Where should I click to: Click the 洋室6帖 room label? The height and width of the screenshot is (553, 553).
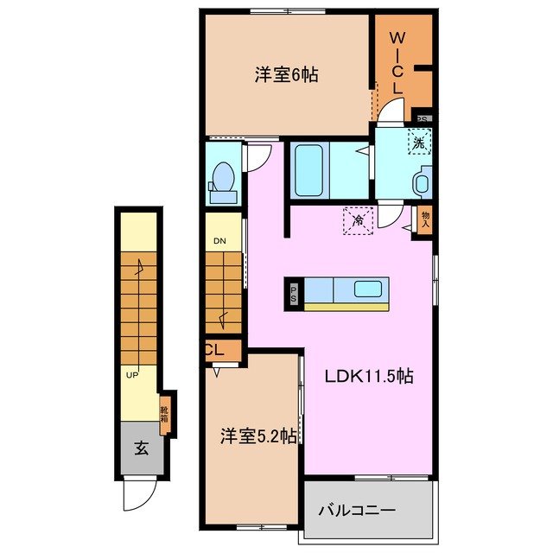[x=286, y=75]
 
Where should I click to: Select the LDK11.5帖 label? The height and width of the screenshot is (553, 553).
[x=369, y=377]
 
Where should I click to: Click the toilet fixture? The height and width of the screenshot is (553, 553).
[x=223, y=180]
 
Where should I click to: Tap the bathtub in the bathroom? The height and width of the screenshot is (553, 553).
[x=308, y=170]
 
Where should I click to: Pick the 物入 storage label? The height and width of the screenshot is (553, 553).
[x=425, y=219]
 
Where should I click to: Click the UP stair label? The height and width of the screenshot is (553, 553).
[x=132, y=376]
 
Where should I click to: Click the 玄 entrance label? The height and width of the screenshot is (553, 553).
[x=140, y=448]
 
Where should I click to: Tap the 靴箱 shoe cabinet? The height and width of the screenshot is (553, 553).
[x=165, y=411]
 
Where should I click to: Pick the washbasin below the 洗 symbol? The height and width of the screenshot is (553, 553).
[x=422, y=183]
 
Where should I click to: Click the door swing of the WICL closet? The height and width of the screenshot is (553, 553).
[x=393, y=111]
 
